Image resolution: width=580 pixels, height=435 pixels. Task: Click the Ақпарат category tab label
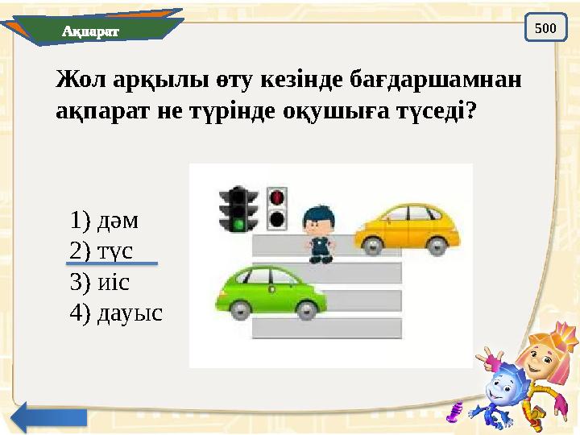click(90, 31)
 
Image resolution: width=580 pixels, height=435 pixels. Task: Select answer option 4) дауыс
click(116, 312)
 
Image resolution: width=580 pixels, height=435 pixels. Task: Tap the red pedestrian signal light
click(278, 196)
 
